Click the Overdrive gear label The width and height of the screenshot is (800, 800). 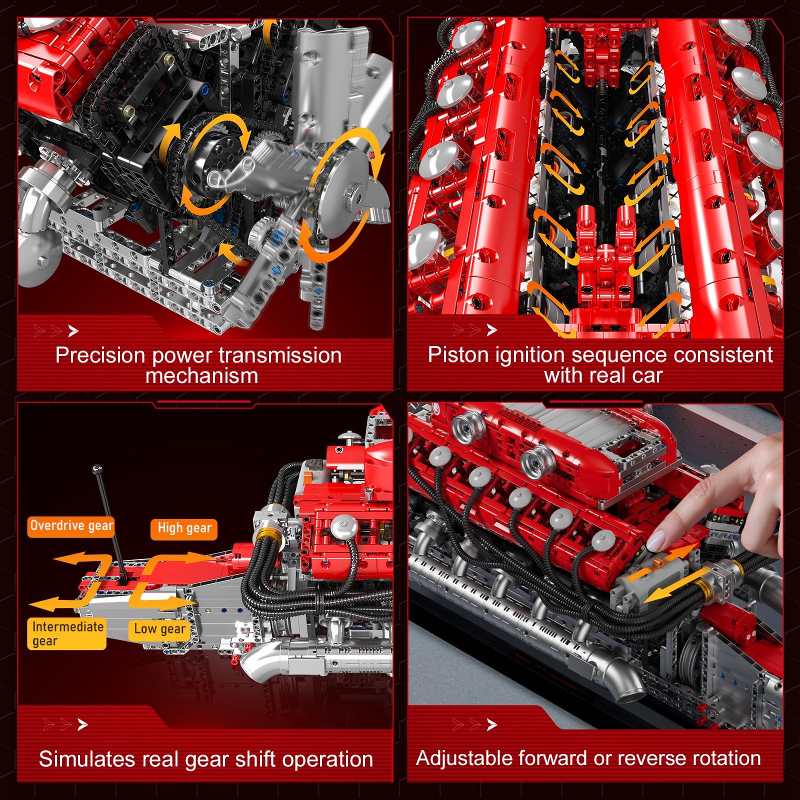point(71,526)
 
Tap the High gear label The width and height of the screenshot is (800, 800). point(184,528)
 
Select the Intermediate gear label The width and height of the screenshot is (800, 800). point(66,633)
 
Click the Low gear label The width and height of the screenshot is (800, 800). point(159,629)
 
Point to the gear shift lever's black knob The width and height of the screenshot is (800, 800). point(97,469)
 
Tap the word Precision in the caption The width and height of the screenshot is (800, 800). point(99,355)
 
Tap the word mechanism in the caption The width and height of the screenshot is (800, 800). point(201,376)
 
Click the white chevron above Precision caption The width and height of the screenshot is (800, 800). point(73,330)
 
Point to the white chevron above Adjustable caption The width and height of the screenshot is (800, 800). point(492,724)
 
